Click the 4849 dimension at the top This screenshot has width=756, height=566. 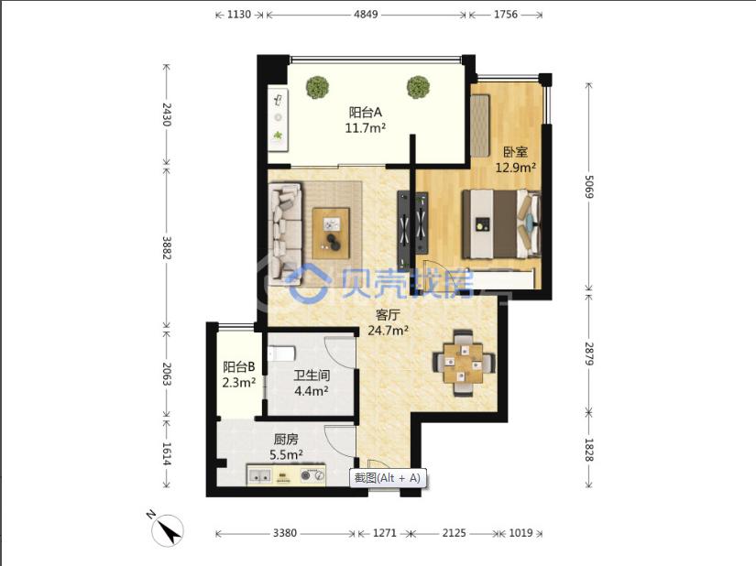(x=366, y=15)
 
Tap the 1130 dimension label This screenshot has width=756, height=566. (x=239, y=15)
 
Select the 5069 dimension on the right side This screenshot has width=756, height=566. (x=588, y=187)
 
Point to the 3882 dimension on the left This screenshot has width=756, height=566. (x=167, y=247)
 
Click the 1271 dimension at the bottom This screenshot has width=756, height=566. (x=385, y=533)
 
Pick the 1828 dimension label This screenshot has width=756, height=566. (x=588, y=450)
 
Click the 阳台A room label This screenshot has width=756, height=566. (x=366, y=113)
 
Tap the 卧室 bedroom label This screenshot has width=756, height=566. (x=515, y=152)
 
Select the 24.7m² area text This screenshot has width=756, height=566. (x=389, y=331)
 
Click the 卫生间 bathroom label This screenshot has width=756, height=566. (x=312, y=376)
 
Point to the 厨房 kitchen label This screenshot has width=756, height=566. (x=286, y=440)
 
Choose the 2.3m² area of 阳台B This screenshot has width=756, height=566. (x=238, y=383)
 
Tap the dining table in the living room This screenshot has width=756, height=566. (x=464, y=364)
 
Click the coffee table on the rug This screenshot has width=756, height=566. (x=331, y=234)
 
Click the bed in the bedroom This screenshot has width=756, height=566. (x=501, y=224)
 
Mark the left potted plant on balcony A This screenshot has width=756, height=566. (x=317, y=88)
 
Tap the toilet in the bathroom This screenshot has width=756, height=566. (x=280, y=354)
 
